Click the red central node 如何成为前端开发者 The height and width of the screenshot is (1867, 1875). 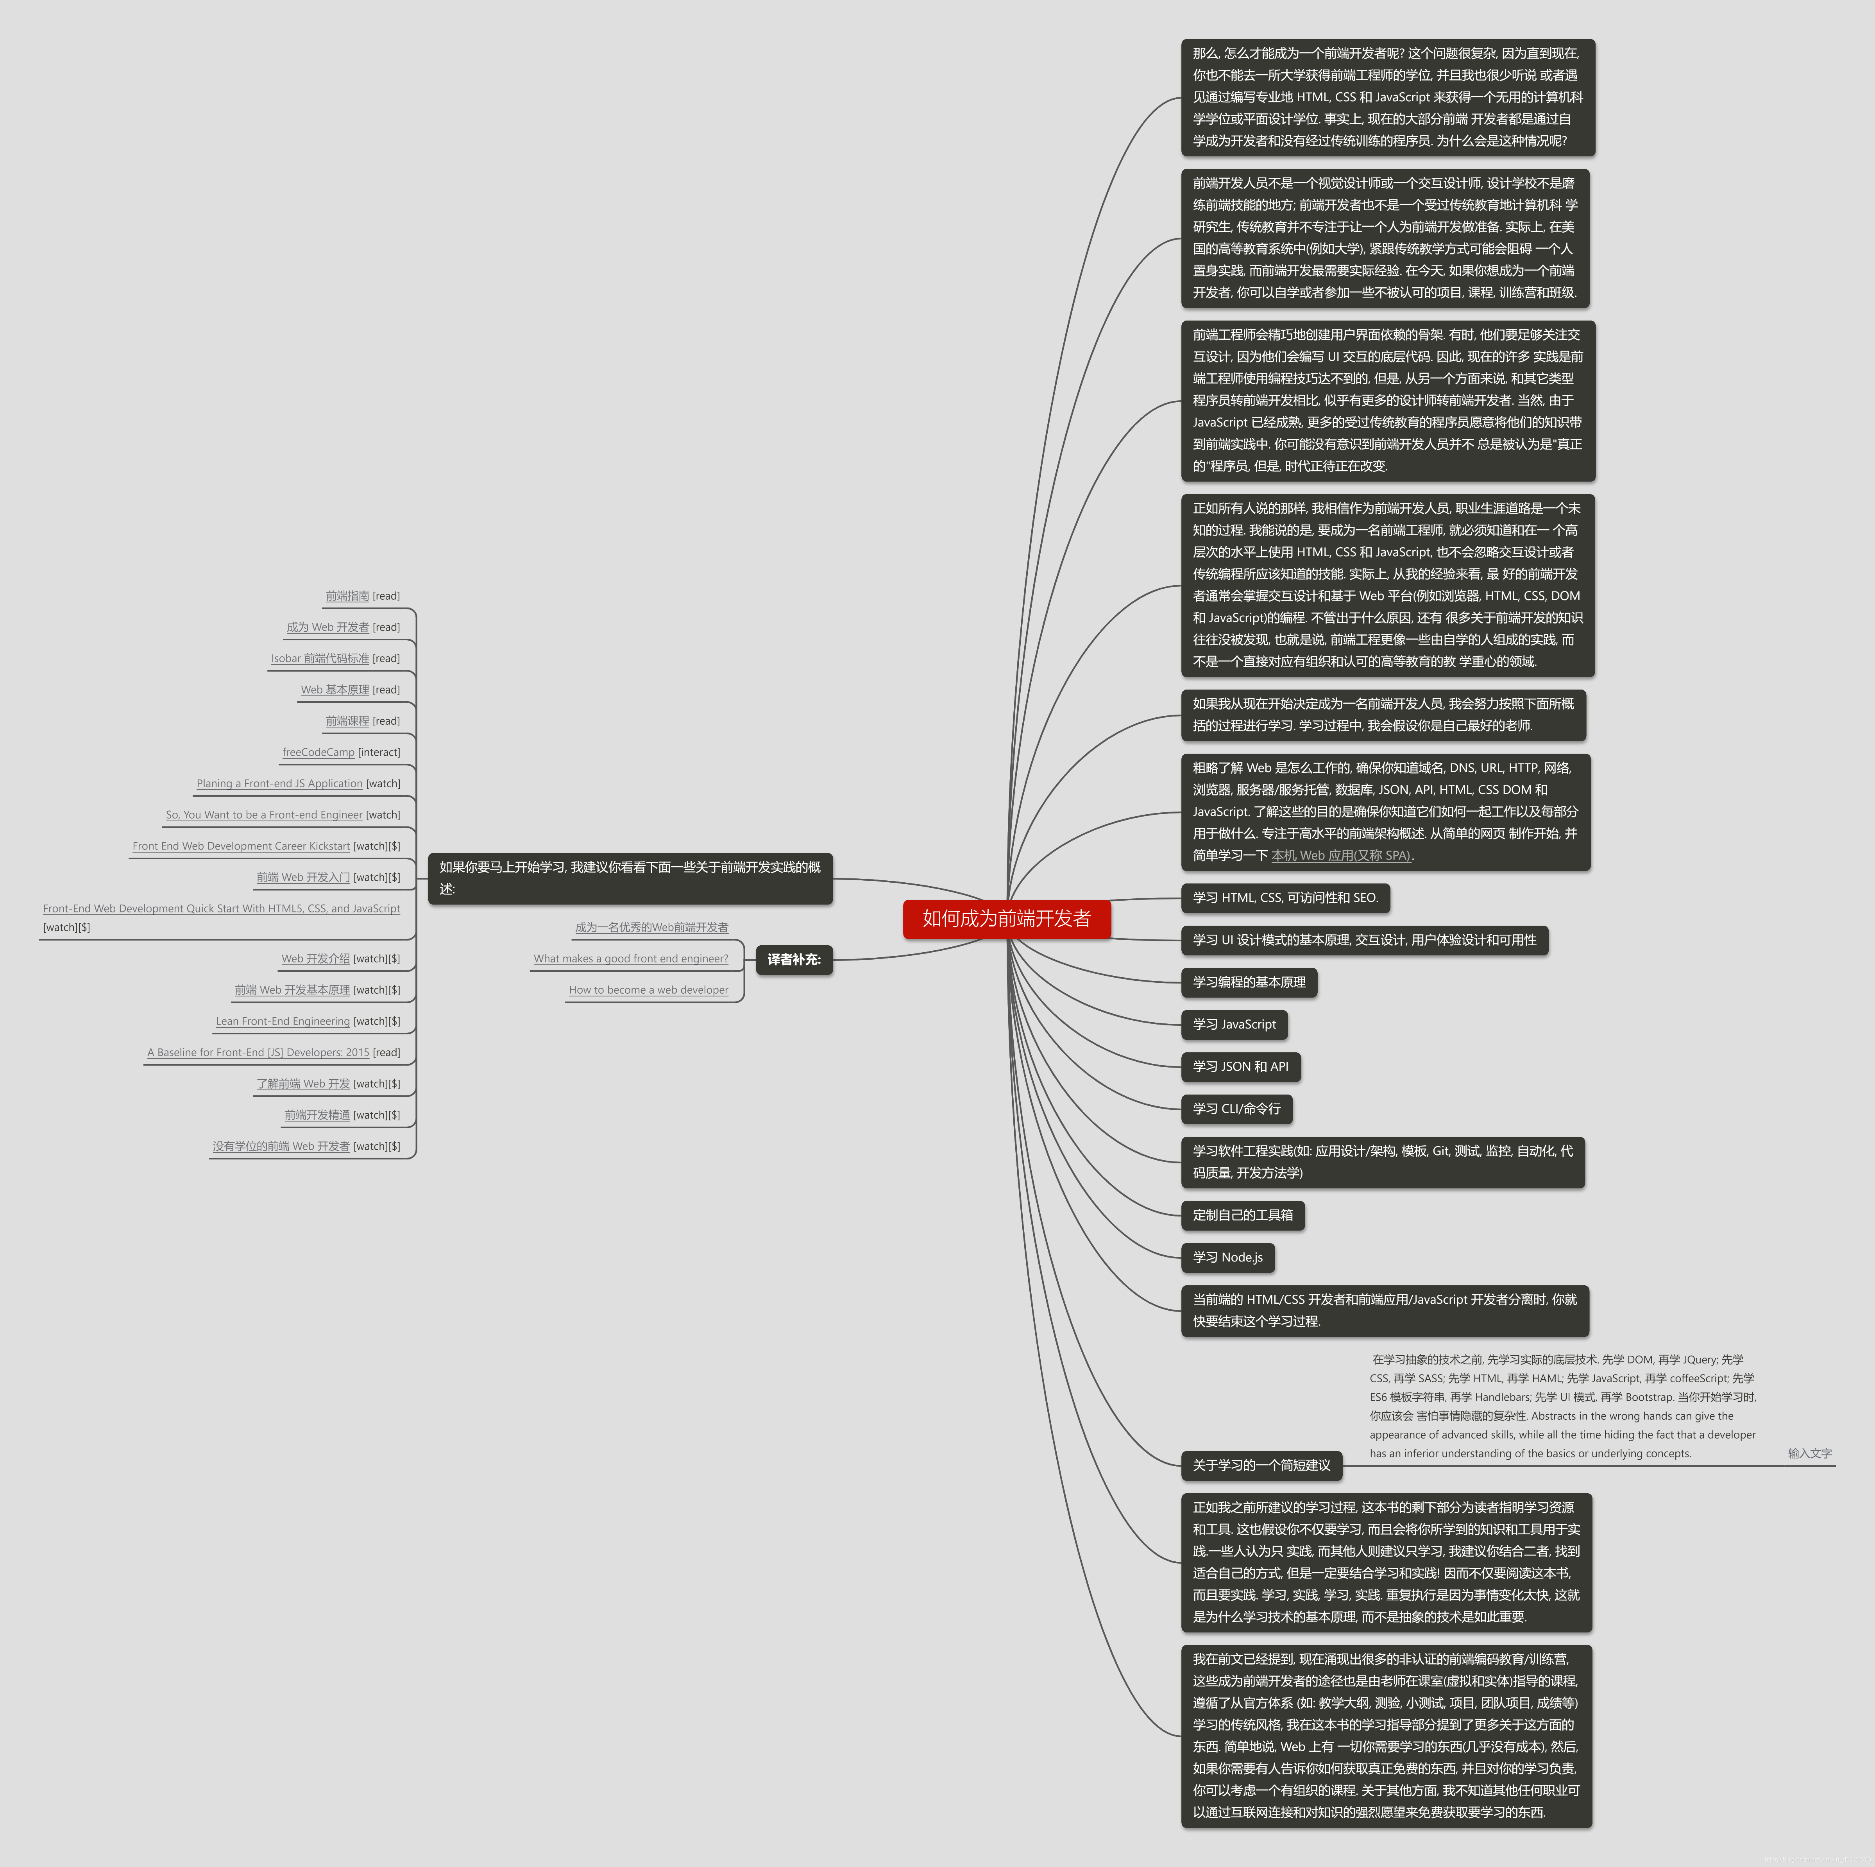pos(1006,919)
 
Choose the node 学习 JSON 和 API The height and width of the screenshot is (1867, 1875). pos(1240,1066)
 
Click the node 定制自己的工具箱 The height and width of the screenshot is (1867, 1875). pos(1242,1215)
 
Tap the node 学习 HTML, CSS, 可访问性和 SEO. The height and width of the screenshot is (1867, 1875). pos(1285,898)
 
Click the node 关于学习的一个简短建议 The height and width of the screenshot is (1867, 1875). pos(1261,1465)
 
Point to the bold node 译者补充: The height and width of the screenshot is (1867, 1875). pos(794,959)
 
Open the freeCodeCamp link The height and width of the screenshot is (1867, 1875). pos(318,753)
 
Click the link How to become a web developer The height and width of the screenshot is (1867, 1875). pos(648,990)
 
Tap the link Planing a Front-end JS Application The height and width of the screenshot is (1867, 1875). pos(279,783)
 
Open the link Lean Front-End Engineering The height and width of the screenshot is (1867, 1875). pos(283,1021)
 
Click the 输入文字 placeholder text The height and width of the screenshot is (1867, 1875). pos(1809,1453)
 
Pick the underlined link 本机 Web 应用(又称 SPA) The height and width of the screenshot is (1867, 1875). pos(1340,855)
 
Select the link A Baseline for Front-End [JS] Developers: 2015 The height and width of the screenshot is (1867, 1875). pos(258,1052)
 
